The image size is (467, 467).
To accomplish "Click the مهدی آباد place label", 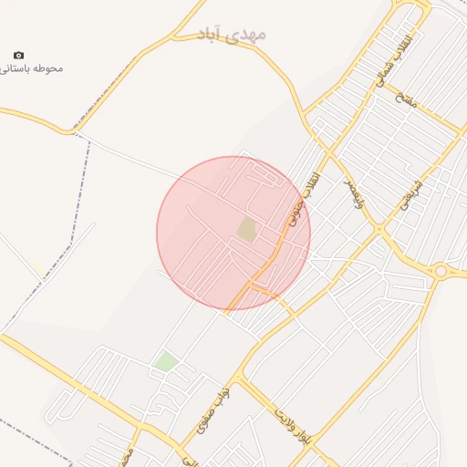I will pyautogui.click(x=232, y=35).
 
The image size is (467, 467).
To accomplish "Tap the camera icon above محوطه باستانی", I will pyautogui.click(x=19, y=56).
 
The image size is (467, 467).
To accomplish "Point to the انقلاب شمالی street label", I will pyautogui.click(x=387, y=60).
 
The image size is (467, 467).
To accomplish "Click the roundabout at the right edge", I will pyautogui.click(x=441, y=270).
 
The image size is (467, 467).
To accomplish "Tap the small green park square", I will pyautogui.click(x=165, y=361).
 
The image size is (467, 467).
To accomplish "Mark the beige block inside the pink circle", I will pyautogui.click(x=247, y=229).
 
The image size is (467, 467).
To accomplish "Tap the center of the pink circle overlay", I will pyautogui.click(x=233, y=233).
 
